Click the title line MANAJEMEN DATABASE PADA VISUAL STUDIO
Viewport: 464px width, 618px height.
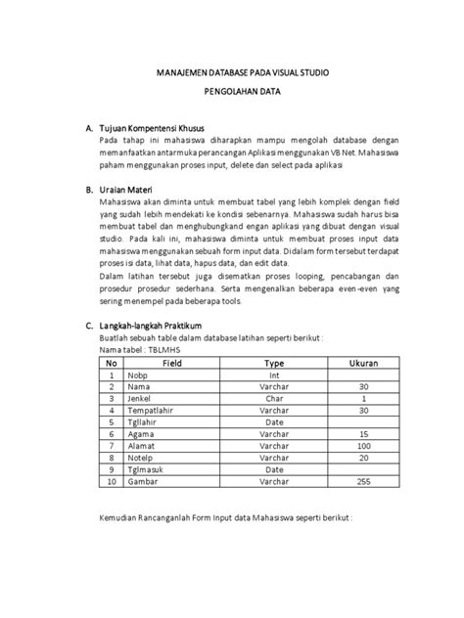[x=232, y=72]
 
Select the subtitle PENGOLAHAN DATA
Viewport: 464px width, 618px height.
[x=232, y=98]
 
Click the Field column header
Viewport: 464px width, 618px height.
[x=172, y=362]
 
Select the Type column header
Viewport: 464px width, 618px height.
[x=274, y=362]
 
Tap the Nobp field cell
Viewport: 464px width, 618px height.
[x=136, y=375]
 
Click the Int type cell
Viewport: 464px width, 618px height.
[x=274, y=375]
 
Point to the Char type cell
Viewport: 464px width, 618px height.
[x=274, y=400]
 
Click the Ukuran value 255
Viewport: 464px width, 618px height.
[x=364, y=482]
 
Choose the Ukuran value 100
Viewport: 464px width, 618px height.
[x=364, y=444]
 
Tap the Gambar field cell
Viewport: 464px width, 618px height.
[x=141, y=482]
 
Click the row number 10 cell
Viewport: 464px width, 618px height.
[x=113, y=482]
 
